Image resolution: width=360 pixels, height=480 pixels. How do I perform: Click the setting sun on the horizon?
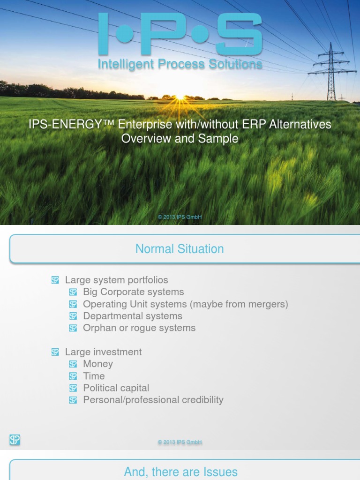[x=180, y=97]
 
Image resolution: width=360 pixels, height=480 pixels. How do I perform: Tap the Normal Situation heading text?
[x=180, y=249]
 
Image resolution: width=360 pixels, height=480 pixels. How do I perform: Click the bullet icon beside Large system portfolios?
[x=55, y=280]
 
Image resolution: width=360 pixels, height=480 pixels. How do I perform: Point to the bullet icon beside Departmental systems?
[x=73, y=316]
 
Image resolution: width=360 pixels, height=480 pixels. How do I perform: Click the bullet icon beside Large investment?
[x=55, y=352]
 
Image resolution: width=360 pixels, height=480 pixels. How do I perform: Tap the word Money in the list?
[x=98, y=364]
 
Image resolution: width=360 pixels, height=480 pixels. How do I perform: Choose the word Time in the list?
[x=94, y=376]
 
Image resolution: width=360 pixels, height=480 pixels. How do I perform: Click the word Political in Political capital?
[x=101, y=388]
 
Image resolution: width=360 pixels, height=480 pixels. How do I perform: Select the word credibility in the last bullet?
[x=199, y=400]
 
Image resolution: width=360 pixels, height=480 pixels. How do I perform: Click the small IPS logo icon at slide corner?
[x=15, y=440]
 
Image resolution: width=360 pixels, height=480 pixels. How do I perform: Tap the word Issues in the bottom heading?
[x=220, y=472]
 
